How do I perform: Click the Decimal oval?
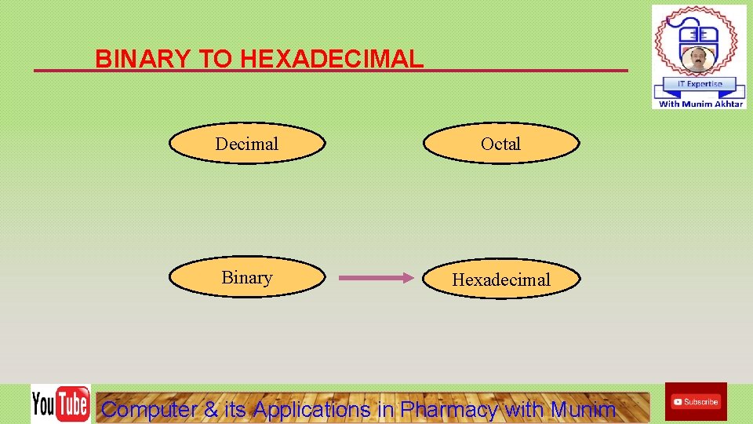pos(247,144)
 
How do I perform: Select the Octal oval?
pos(501,144)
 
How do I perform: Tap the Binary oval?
pos(247,278)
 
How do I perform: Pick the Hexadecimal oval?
pos(502,280)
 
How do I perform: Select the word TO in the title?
pos(213,59)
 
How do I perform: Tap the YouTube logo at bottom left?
pos(60,404)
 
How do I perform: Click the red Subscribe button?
pos(696,401)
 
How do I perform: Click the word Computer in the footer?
pos(150,409)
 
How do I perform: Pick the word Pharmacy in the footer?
pos(449,409)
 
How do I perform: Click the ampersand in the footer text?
pos(211,409)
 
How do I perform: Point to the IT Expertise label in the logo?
pos(699,84)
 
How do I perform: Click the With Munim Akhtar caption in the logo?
pos(700,104)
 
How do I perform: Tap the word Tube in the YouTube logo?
pos(73,404)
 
